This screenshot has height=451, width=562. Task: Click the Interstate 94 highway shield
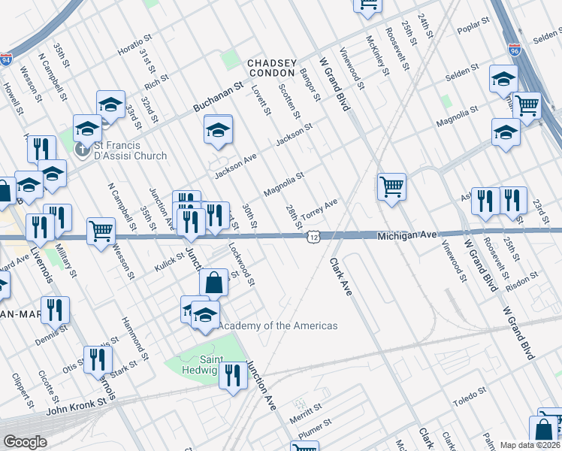pyautogui.click(x=6, y=59)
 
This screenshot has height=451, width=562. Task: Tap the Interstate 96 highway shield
pyautogui.click(x=514, y=50)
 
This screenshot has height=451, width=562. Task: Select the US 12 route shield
pyautogui.click(x=313, y=237)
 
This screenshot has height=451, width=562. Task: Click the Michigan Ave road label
pyautogui.click(x=406, y=235)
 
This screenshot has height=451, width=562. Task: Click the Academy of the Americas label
pyautogui.click(x=277, y=325)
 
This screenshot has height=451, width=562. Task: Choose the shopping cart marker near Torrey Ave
pyautogui.click(x=391, y=186)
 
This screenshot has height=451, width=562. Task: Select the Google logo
pyautogui.click(x=24, y=442)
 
